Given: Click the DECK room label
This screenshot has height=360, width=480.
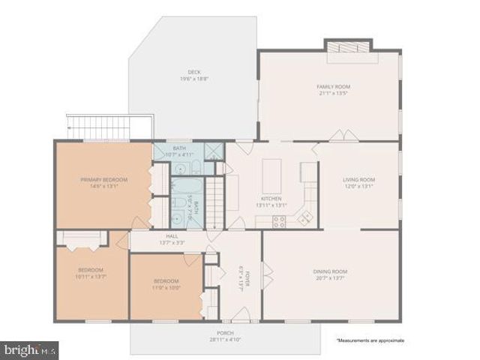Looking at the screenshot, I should (193, 71).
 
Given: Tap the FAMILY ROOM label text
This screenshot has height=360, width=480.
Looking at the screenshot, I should (333, 87).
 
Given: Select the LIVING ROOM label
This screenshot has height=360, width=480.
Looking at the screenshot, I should (358, 180).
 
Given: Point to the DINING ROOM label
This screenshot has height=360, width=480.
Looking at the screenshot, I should (329, 271).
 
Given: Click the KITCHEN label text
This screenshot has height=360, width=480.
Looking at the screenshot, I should (269, 198).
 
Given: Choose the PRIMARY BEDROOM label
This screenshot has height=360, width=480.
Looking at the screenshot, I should (103, 180).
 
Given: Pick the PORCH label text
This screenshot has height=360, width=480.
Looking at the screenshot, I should (225, 333).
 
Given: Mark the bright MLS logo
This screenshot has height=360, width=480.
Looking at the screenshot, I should (30, 349).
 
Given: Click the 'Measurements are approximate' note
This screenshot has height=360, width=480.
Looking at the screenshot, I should (370, 340).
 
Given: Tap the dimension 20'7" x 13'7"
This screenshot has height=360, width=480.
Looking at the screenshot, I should (329, 279).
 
